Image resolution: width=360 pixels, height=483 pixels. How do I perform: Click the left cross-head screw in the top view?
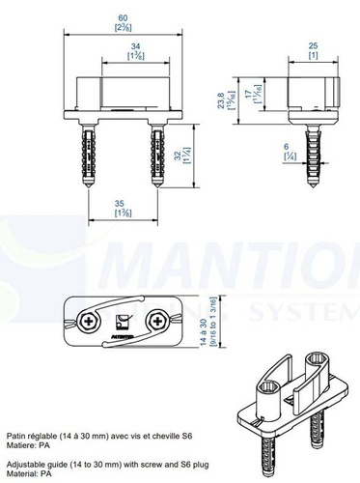(x=88, y=321)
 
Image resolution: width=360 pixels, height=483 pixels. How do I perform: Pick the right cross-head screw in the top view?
(x=157, y=320)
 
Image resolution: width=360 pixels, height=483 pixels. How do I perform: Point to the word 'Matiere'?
(x=21, y=446)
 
